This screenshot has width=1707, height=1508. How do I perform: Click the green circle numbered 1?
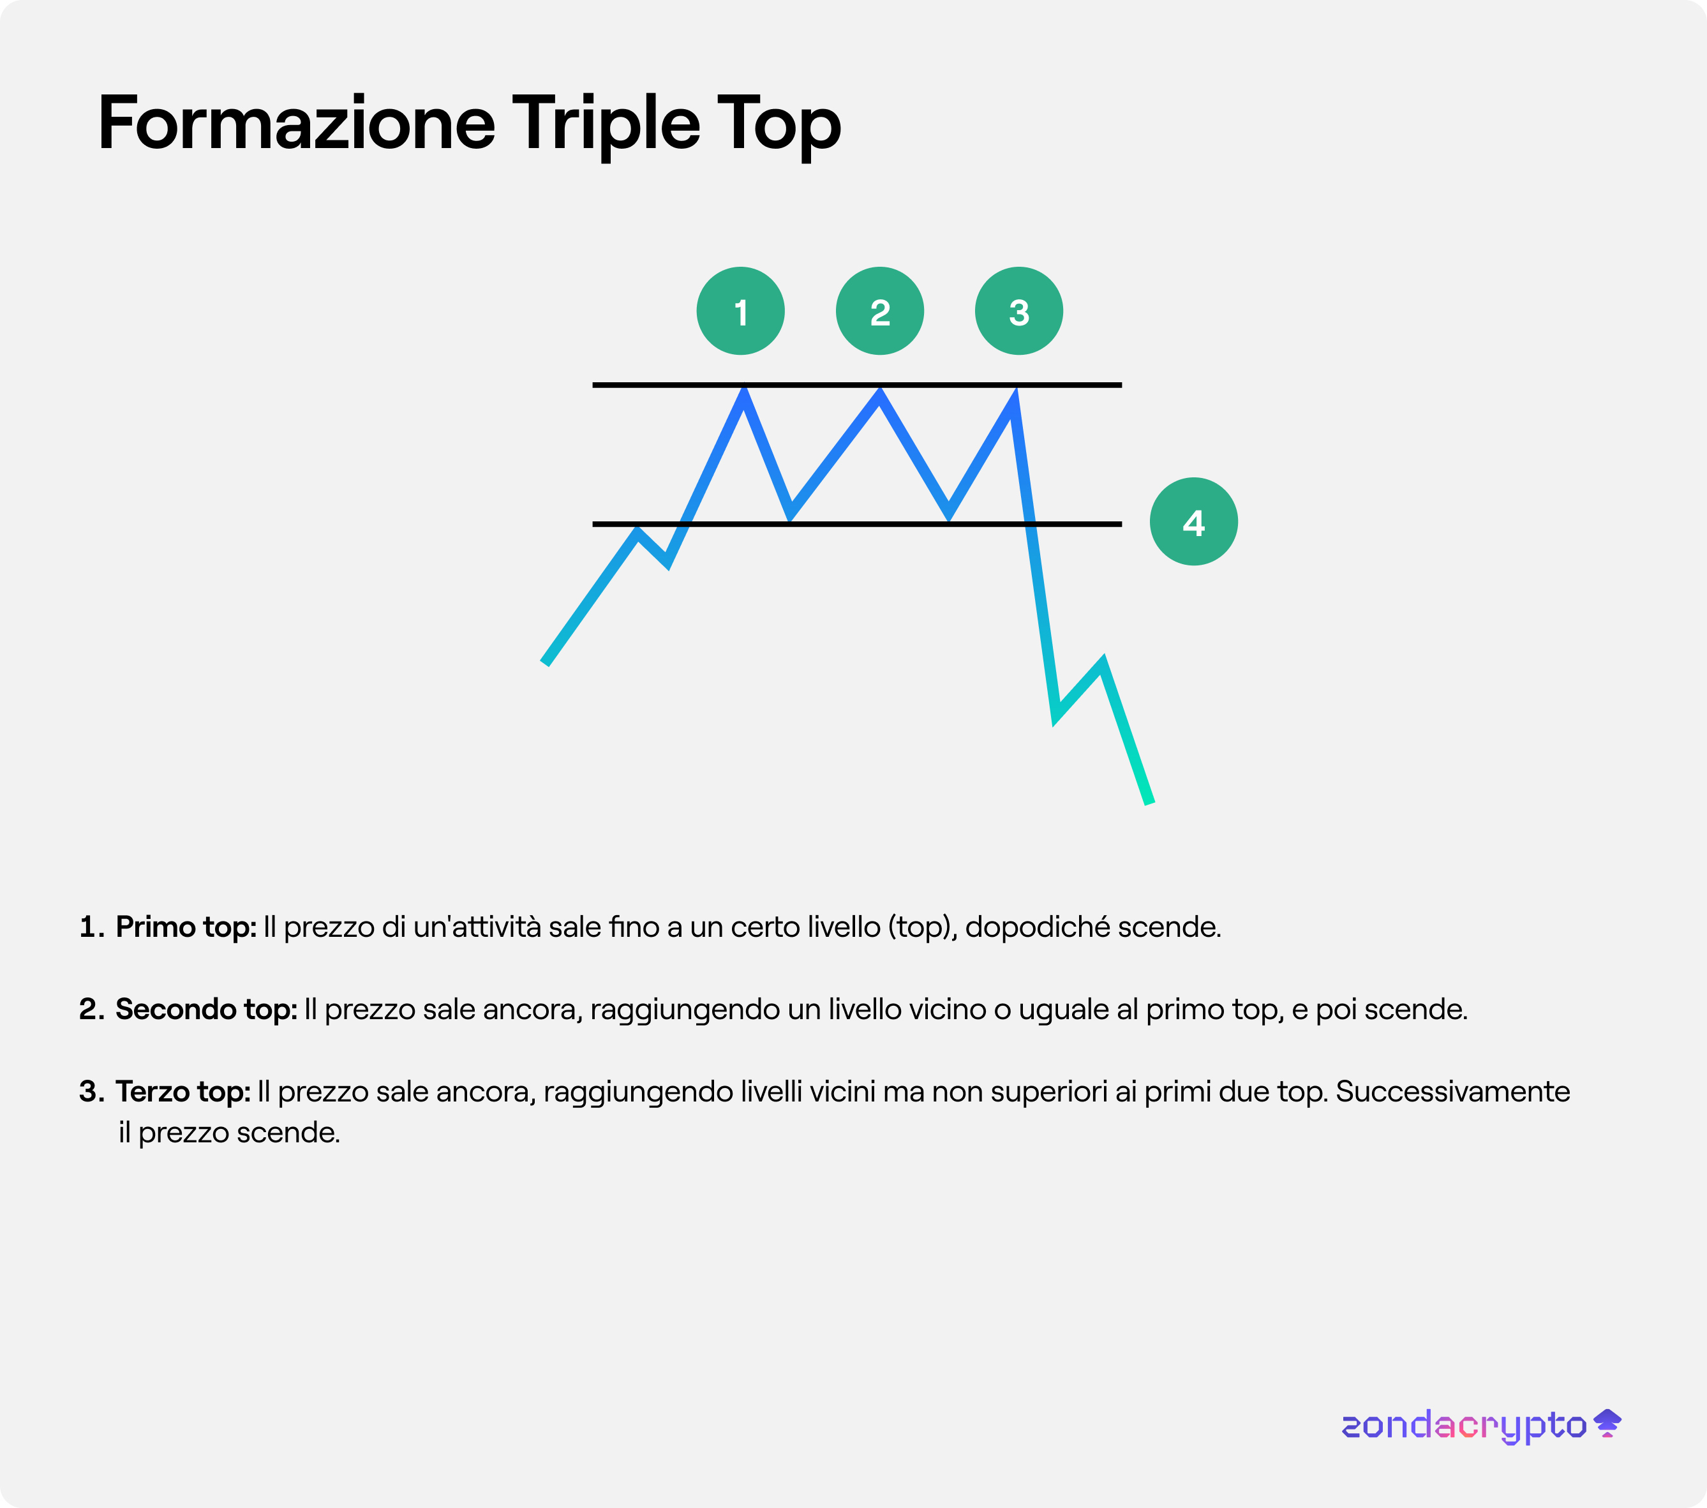(740, 311)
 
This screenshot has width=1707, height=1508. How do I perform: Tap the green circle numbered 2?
(879, 311)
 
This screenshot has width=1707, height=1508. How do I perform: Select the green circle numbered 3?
(1019, 311)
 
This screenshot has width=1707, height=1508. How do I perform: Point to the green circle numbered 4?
(1193, 522)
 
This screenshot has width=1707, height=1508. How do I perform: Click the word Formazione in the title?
(297, 124)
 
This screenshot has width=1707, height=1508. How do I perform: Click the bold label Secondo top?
(206, 1010)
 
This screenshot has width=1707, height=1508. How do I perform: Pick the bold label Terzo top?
(183, 1092)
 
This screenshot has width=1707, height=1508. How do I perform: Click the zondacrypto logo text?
(1464, 1425)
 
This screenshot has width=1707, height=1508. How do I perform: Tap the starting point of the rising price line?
(544, 663)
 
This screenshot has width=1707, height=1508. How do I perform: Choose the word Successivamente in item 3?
(1453, 1092)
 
